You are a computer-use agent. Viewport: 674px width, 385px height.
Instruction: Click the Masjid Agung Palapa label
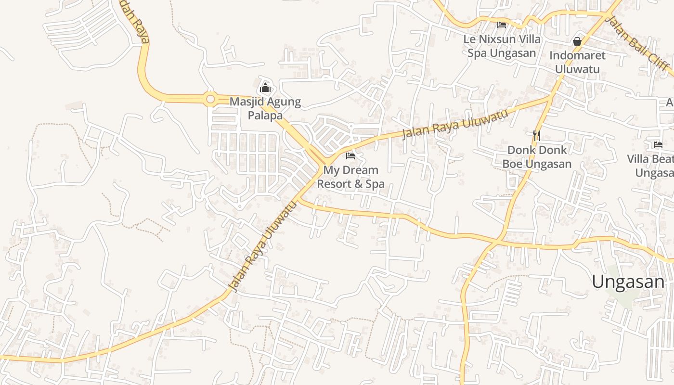click(x=265, y=109)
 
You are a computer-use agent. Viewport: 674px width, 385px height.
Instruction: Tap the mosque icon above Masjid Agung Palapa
click(x=265, y=88)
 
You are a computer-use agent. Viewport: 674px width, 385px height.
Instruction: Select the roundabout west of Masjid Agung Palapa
click(x=210, y=99)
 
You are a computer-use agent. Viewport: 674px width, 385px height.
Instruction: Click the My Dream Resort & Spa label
click(x=350, y=177)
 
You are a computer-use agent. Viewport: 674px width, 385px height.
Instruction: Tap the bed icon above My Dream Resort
click(x=350, y=156)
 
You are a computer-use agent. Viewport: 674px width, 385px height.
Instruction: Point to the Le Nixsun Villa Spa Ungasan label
click(x=502, y=46)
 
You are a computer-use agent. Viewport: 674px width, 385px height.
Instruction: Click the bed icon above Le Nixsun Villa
click(x=502, y=25)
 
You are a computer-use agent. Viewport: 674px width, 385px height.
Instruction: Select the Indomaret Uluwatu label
click(x=577, y=62)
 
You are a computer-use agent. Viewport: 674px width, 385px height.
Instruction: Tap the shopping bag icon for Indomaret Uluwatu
click(x=577, y=42)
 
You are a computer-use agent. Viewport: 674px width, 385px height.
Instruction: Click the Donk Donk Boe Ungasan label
click(x=537, y=157)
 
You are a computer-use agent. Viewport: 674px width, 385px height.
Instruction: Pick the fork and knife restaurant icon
click(x=537, y=136)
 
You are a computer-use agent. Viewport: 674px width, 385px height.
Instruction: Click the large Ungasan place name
click(x=628, y=282)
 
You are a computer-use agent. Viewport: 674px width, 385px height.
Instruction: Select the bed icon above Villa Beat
click(x=658, y=144)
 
